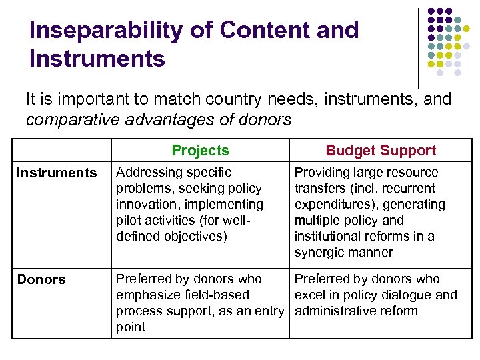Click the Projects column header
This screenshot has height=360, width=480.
pos(200,151)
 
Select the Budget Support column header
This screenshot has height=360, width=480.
pos(381,151)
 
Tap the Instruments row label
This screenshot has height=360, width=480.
pos(57,173)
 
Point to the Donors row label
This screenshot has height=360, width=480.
pos(41,279)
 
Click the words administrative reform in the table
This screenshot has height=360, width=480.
pos(356,311)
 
